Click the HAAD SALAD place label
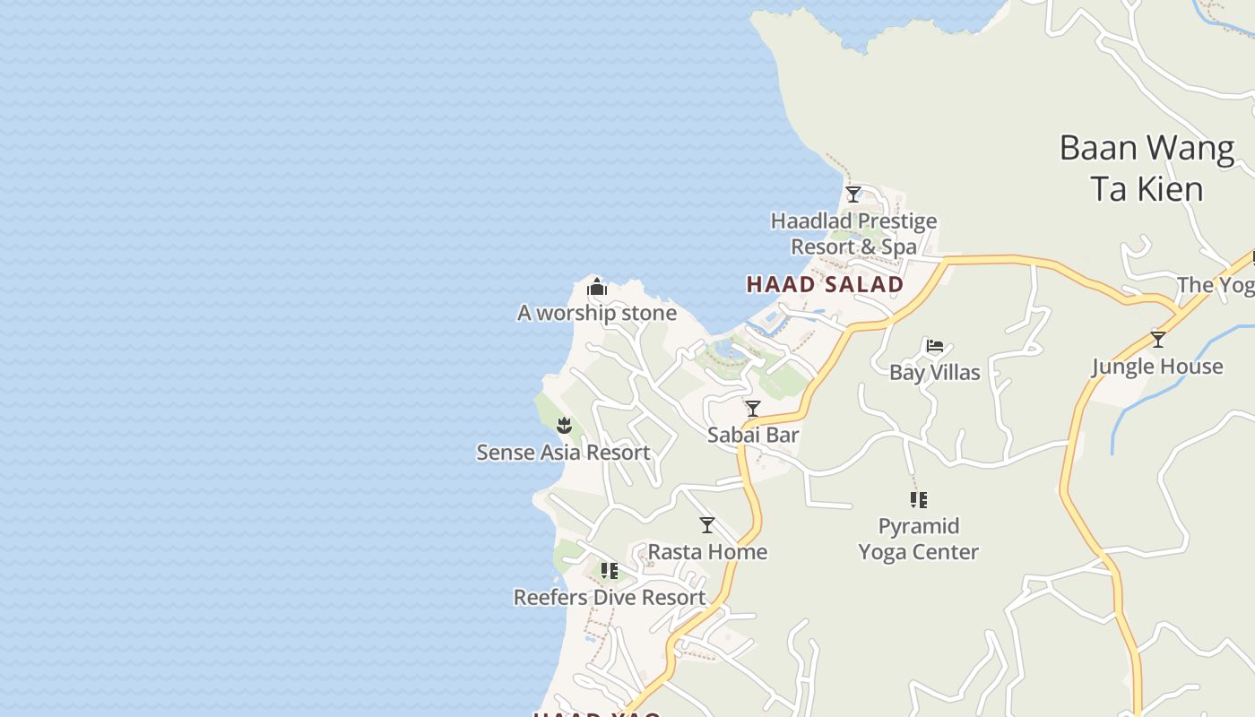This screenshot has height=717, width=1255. coord(825,285)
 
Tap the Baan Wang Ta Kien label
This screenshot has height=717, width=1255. coord(1147,168)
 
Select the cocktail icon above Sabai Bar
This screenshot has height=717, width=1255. coord(753,409)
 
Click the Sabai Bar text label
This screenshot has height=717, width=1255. coord(753,435)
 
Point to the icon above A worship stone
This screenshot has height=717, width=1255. coord(597,288)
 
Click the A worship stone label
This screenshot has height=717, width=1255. coord(597,313)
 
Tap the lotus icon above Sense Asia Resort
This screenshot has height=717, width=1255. coord(564,425)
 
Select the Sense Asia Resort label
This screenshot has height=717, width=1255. coord(563,452)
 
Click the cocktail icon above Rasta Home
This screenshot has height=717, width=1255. coord(707,524)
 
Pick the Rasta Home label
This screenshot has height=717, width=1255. coord(707,551)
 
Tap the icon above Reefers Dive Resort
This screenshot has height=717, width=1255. coord(610,571)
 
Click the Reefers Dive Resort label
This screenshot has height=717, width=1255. coord(610,597)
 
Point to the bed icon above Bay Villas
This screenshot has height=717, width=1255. coord(935,345)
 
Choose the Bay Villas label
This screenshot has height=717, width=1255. coord(935,372)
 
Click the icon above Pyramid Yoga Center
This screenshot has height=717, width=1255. coord(918,499)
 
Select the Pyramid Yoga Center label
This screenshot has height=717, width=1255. coord(918,539)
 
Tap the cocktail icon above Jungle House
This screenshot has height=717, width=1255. coord(1157,340)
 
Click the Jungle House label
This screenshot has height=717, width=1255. coord(1157,366)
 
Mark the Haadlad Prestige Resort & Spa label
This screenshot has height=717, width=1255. coord(853,233)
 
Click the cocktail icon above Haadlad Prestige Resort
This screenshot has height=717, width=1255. coord(853,194)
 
